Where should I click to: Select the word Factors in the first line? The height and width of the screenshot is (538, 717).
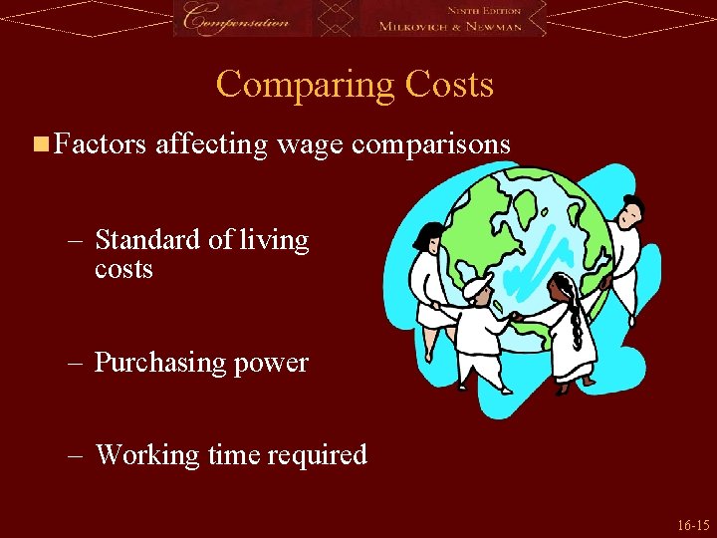[x=101, y=145]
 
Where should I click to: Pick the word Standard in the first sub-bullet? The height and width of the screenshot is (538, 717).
[x=145, y=240]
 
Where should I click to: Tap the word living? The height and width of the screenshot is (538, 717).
[x=274, y=241]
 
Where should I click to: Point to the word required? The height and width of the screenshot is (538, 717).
[x=316, y=455]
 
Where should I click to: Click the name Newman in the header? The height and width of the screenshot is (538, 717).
[x=494, y=26]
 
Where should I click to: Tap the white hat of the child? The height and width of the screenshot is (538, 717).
[x=477, y=288]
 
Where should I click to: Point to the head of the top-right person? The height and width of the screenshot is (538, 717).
[x=630, y=211]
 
